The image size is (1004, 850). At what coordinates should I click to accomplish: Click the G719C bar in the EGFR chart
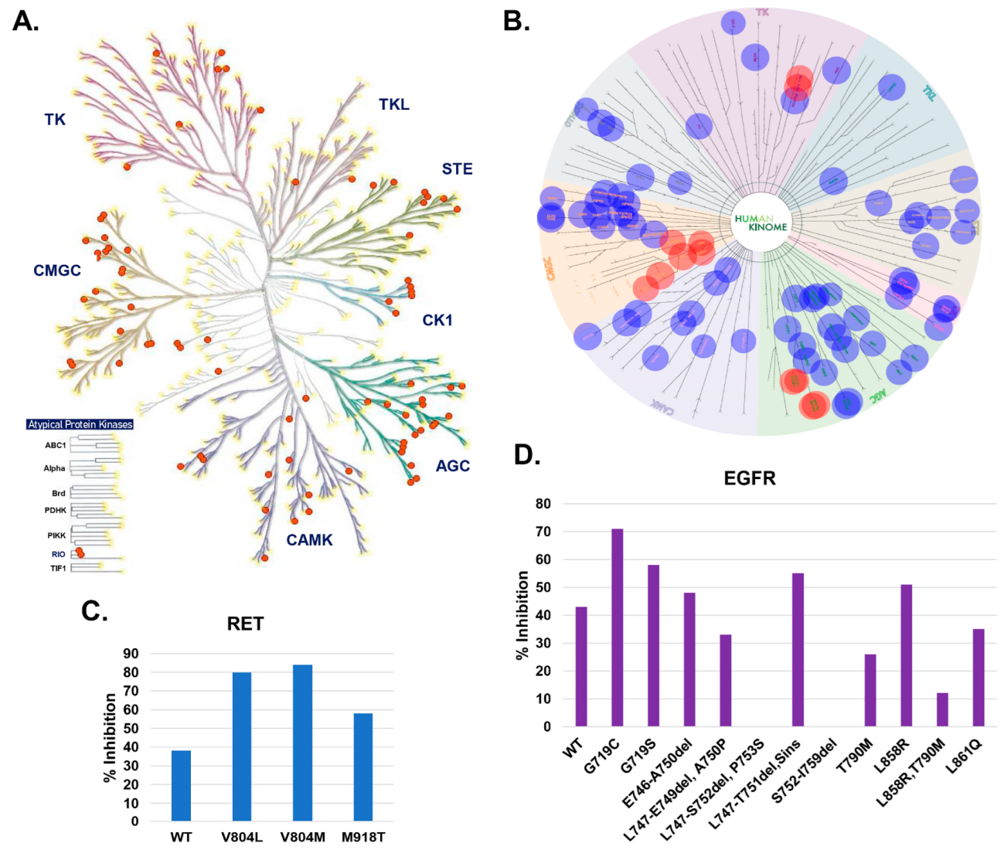pyautogui.click(x=617, y=627)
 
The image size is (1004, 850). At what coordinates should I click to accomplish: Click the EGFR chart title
pyautogui.click(x=749, y=478)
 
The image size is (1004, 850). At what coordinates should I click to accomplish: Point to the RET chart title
pyautogui.click(x=245, y=624)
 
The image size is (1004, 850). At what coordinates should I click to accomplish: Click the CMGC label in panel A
pyautogui.click(x=57, y=270)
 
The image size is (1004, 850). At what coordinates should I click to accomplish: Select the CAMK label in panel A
pyautogui.click(x=309, y=540)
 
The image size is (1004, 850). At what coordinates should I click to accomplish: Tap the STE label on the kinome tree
pyautogui.click(x=457, y=169)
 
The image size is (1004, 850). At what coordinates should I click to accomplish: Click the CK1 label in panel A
pyautogui.click(x=437, y=320)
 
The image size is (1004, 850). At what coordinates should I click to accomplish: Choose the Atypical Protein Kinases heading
pyautogui.click(x=80, y=424)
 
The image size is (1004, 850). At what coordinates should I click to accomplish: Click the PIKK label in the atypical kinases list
pyautogui.click(x=56, y=535)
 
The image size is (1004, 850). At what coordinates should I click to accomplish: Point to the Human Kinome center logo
pyautogui.click(x=761, y=223)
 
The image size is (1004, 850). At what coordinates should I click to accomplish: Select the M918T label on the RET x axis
pyautogui.click(x=362, y=838)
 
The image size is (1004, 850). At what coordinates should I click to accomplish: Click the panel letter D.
pyautogui.click(x=527, y=455)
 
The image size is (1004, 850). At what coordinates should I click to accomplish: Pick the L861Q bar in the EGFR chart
pyautogui.click(x=978, y=678)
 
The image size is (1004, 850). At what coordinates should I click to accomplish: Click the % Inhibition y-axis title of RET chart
pyautogui.click(x=111, y=737)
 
